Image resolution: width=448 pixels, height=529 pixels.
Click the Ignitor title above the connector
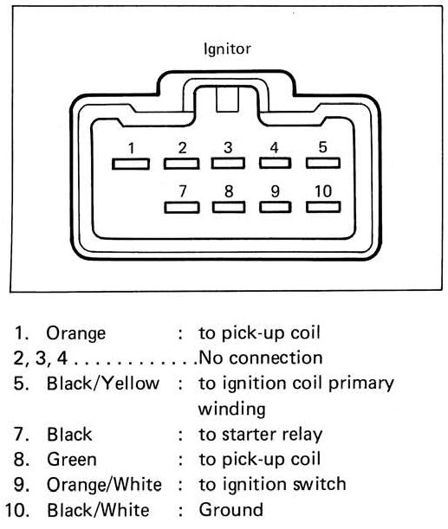pos(227,49)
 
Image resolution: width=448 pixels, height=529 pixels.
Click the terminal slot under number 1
pos(131,164)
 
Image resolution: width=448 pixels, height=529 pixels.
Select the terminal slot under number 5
pos(323,163)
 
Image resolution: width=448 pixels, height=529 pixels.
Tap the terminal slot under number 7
pos(182,208)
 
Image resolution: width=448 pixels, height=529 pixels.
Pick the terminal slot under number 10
pos(323,207)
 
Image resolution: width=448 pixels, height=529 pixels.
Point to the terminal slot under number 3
pos(228,163)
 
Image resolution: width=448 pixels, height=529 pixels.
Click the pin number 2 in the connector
pos(182,148)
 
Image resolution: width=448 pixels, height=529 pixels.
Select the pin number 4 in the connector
pos(274,148)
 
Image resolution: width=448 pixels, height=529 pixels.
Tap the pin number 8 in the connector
pos(229,191)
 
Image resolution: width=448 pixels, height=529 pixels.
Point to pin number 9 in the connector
pos(276,191)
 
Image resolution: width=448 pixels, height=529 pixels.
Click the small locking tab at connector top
pos(227,100)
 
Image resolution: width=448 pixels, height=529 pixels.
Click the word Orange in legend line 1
pos(76,333)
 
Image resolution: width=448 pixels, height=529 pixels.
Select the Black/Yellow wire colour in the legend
pos(102,384)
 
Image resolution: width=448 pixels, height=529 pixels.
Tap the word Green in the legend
pos(72,460)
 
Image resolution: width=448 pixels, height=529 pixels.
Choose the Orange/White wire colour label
pos(104,485)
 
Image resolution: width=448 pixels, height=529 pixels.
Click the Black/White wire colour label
pos(98,510)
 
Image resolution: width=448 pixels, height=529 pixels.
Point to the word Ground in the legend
pos(231,510)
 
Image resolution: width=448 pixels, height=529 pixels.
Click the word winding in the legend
pos(232,410)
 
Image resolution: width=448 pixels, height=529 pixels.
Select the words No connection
pos(261,358)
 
